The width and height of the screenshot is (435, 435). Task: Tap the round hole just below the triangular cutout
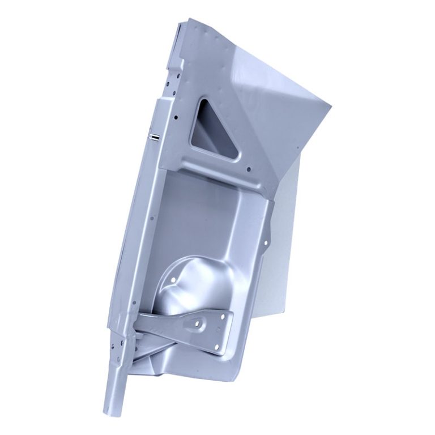click(x=249, y=168)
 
